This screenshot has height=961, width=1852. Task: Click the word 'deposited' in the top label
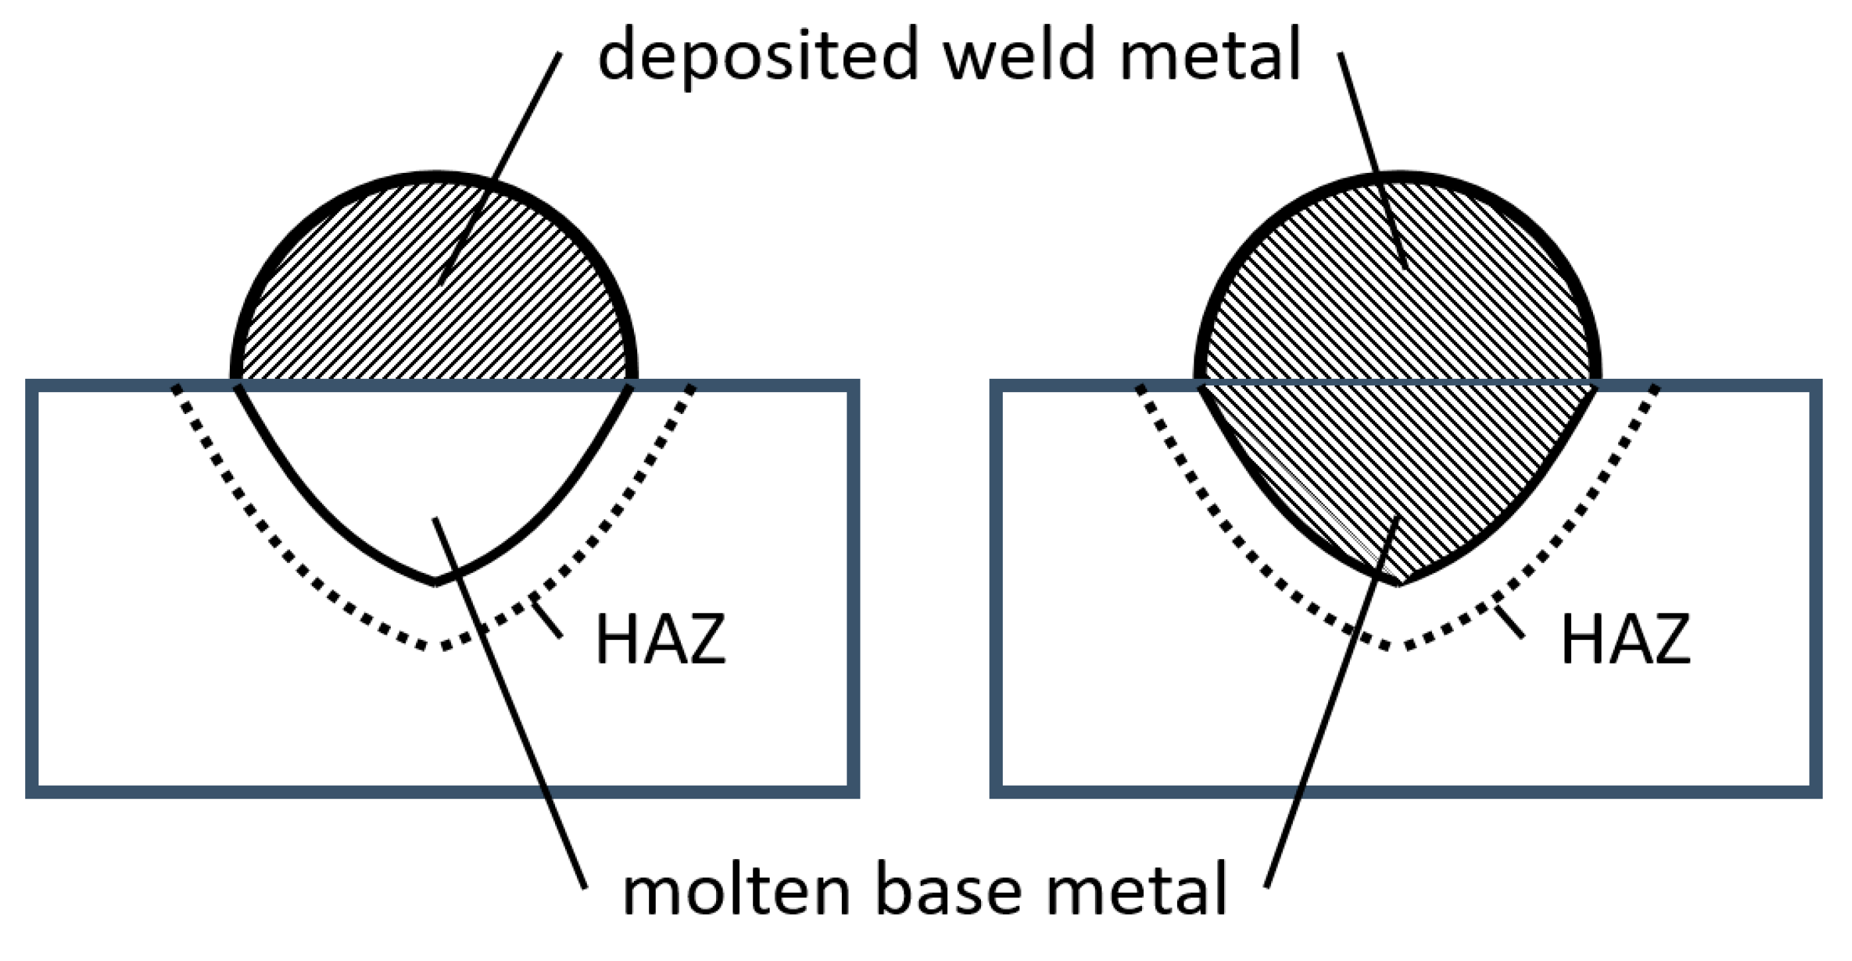click(758, 56)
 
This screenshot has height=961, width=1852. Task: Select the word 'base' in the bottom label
click(949, 891)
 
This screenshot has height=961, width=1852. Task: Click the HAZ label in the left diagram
click(660, 638)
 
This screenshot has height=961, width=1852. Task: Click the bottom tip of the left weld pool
click(435, 582)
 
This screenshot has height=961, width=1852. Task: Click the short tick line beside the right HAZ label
click(1510, 621)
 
